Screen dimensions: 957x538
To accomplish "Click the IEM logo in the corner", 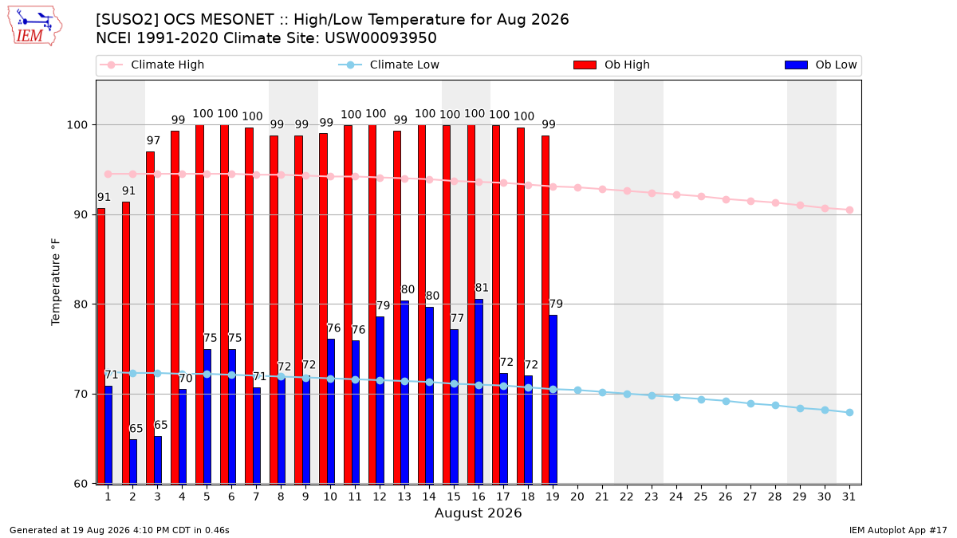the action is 34,26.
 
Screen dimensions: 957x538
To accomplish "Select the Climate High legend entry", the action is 152,65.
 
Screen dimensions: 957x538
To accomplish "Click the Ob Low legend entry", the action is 821,65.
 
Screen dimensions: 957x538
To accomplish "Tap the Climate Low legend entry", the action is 388,65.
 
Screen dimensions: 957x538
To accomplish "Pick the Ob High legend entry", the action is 612,65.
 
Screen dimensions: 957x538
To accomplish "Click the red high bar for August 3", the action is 150,318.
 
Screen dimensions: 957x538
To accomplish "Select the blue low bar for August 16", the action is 479,391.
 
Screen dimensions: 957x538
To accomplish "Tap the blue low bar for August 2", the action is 133,461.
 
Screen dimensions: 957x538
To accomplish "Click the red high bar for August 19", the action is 545,309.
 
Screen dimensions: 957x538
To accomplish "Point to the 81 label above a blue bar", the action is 482,288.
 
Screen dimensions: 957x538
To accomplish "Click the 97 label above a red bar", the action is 153,140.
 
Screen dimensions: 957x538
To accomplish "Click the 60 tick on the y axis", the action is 81,484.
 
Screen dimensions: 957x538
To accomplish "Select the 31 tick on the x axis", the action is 849,497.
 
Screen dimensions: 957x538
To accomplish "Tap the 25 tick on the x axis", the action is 701,497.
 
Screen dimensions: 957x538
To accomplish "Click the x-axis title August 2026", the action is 478,512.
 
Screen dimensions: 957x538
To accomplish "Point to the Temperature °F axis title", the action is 56,282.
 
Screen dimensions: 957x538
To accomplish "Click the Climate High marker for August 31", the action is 849,210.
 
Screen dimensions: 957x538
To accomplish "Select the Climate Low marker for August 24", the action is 677,398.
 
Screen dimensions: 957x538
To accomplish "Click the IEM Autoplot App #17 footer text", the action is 898,530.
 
